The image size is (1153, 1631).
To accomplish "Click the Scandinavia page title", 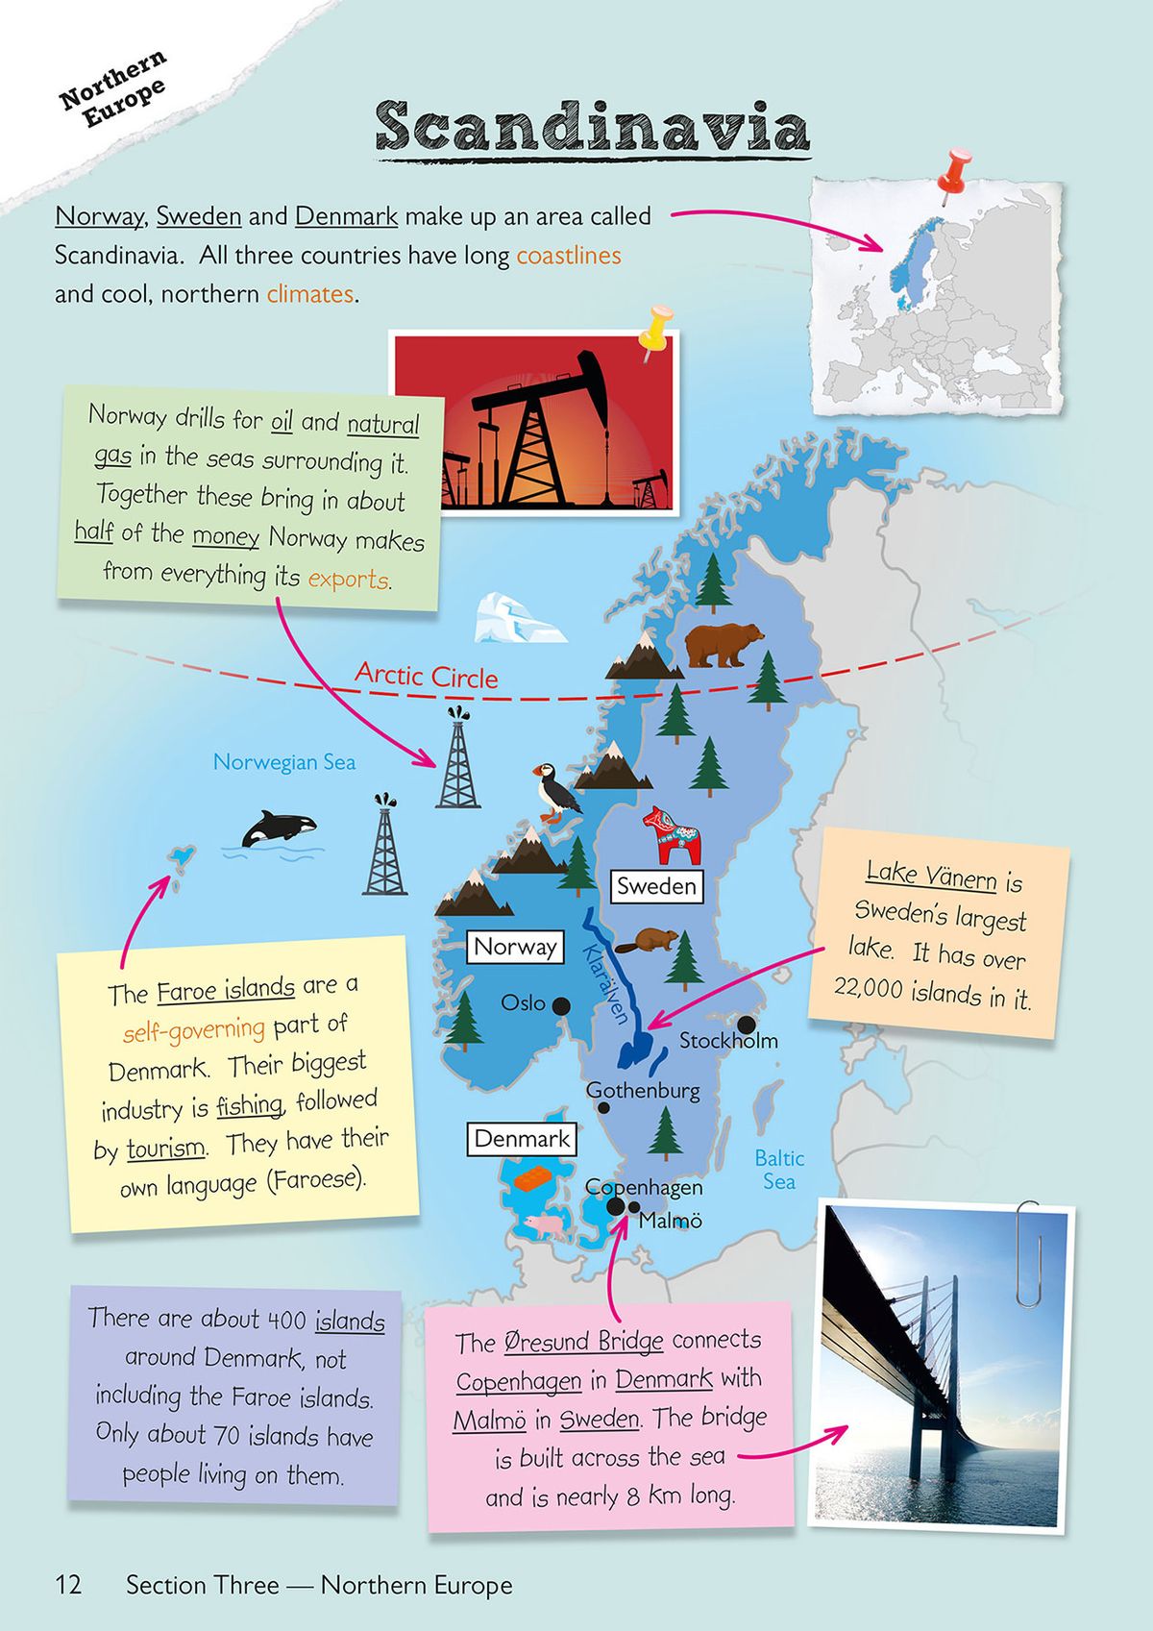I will point(592,127).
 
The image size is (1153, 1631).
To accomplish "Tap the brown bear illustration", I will point(723,644).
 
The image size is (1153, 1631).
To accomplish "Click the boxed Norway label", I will point(515,947).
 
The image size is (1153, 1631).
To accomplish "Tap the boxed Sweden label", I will point(656,886).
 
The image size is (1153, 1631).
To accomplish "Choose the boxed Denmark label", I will point(522,1139).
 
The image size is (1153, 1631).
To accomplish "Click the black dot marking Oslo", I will point(561,1005).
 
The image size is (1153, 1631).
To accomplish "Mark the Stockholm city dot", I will point(746,1025).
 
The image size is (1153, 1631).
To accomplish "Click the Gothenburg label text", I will point(643,1091).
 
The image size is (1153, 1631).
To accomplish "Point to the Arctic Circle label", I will point(427,676).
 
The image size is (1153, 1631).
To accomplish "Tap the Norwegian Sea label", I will point(284,762).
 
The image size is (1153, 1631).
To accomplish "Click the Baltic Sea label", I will point(779,1170).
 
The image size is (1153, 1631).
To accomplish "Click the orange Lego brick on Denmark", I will point(530,1178).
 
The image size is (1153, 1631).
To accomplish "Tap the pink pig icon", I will point(546,1224).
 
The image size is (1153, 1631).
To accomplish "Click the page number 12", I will point(68,1585).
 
